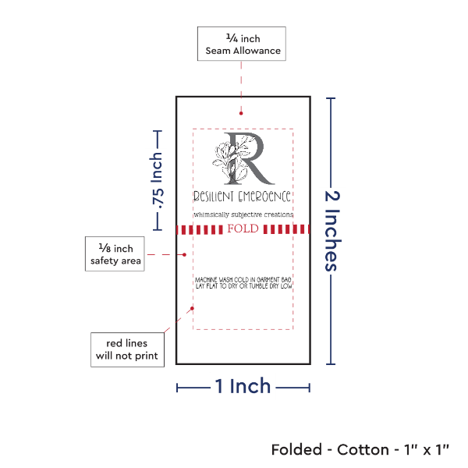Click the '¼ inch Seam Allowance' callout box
[242, 44]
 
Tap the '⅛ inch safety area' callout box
[115, 254]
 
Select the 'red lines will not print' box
[127, 349]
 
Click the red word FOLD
[243, 229]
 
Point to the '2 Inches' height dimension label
[332, 231]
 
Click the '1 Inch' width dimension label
[243, 386]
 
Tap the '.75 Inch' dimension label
[157, 180]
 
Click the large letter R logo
[249, 158]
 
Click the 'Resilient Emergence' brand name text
[242, 197]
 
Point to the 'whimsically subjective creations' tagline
[243, 214]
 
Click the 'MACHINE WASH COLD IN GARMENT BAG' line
[243, 280]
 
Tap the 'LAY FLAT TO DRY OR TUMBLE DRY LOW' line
[244, 286]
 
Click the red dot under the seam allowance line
[241, 113]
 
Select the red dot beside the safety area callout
[184, 254]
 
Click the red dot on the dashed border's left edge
[192, 308]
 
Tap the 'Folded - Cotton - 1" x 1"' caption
[360, 450]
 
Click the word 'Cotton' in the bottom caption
[363, 450]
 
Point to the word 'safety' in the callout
[105, 261]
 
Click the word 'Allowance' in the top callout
[257, 51]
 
